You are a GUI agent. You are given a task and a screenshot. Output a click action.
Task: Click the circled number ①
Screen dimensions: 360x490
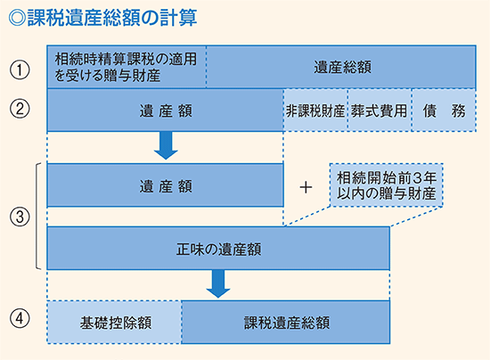[x=20, y=67]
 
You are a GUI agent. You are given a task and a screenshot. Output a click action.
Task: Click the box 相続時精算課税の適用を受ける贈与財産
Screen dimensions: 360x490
[x=126, y=67]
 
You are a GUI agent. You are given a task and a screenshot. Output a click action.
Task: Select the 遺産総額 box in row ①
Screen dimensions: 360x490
[x=342, y=67]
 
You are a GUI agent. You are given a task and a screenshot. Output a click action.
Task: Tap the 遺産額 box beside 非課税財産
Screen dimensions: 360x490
[x=165, y=111]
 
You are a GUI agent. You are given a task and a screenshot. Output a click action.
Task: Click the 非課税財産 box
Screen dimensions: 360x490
[x=314, y=111]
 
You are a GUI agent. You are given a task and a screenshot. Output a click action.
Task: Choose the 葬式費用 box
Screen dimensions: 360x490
[x=378, y=111]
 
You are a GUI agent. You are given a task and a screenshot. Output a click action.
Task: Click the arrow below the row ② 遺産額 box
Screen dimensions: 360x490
[x=165, y=143]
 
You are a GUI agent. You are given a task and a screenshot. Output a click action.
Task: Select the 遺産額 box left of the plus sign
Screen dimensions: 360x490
[x=165, y=186]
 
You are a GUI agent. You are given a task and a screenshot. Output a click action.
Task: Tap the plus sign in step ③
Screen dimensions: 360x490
[x=306, y=186]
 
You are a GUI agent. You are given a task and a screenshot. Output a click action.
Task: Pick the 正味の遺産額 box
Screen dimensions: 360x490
[x=217, y=248]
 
